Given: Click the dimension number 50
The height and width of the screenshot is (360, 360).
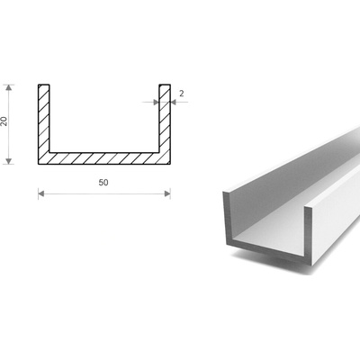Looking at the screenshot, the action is tap(103, 183).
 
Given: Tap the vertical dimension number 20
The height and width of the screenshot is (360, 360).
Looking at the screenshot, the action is tap(4, 121).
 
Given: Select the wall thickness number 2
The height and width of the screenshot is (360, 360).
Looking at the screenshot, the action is tap(182, 94).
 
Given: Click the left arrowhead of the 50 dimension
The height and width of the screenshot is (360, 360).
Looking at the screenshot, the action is tap(41, 193).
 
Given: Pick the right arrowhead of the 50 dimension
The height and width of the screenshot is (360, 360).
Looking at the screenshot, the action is tap(167, 193).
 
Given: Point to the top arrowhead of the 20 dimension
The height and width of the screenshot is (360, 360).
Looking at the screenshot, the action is tap(9, 87).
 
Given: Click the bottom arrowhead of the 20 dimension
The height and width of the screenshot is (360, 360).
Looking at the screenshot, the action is tap(9, 161).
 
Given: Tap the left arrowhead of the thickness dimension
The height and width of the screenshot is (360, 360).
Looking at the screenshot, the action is tap(156, 102).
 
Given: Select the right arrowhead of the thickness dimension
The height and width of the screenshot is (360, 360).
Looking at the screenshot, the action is tap(173, 102).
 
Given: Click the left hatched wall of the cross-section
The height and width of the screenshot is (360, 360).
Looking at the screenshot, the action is tap(44, 119).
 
